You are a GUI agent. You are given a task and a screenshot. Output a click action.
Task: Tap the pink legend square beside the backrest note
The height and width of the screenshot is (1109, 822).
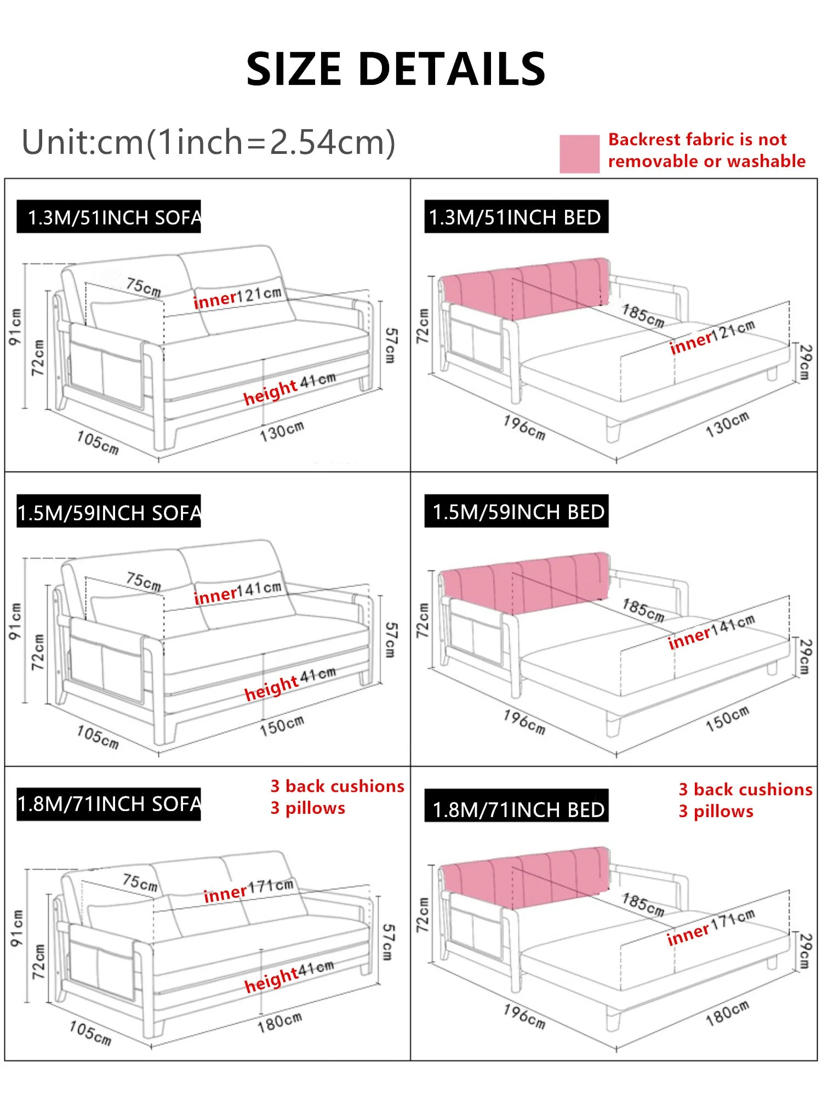(579, 154)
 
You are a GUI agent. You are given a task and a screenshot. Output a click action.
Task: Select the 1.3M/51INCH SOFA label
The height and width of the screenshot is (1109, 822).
(109, 217)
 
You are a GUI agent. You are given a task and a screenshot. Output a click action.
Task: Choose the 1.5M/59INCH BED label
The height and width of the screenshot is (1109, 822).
(516, 512)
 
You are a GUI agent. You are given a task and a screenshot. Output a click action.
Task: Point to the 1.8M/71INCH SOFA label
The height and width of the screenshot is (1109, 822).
(109, 804)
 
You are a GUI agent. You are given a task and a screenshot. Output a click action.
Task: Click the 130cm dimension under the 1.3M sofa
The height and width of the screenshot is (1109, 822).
(282, 431)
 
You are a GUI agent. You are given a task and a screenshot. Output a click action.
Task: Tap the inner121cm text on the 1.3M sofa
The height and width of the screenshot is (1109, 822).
(237, 297)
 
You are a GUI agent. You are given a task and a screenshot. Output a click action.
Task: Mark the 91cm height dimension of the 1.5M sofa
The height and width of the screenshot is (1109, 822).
(15, 621)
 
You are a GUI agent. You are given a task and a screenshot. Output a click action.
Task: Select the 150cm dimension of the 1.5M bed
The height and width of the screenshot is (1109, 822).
(727, 718)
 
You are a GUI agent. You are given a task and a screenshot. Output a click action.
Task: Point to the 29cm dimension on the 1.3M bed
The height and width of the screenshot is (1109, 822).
(804, 362)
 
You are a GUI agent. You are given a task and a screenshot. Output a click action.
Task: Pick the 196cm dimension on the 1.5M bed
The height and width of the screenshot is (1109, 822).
(524, 722)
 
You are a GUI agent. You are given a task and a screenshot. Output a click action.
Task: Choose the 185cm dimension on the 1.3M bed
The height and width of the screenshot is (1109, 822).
(643, 316)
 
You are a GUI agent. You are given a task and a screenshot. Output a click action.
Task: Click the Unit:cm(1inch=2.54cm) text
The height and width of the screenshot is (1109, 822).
(208, 142)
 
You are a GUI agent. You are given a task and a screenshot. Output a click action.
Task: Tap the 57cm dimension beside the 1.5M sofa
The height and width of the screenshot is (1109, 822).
(390, 640)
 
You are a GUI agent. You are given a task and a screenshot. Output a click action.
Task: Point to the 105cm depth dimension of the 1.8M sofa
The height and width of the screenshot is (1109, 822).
(90, 1032)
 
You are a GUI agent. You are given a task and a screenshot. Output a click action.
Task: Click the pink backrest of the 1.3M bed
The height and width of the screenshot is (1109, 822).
(525, 289)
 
